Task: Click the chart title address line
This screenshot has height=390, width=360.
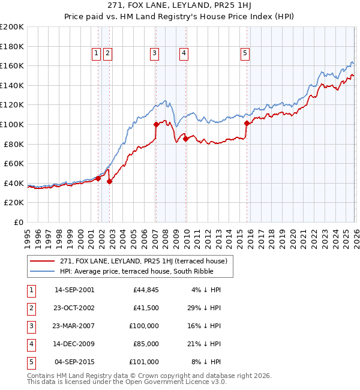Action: tap(179, 6)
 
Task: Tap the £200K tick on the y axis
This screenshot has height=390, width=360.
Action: tap(12, 27)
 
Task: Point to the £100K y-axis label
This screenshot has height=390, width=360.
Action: tap(12, 124)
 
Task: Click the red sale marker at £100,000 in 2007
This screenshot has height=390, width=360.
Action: tap(156, 125)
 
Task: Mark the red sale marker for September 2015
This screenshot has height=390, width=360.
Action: tap(247, 124)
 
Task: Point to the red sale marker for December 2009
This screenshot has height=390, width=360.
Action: tap(185, 139)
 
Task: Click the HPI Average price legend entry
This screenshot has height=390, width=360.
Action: tap(128, 272)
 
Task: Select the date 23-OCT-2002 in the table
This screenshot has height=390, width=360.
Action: tap(74, 308)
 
